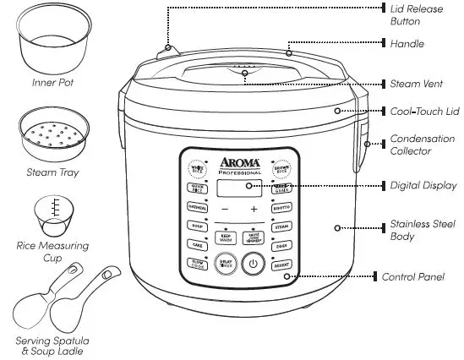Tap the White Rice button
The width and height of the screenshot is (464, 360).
(196, 168)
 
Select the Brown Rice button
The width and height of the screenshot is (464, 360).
(281, 168)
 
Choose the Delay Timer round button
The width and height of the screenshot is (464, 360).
(226, 264)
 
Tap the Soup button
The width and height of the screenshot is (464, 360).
(195, 226)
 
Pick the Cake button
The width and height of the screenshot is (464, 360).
(195, 244)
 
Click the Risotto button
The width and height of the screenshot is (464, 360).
(281, 206)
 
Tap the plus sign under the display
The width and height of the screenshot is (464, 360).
(253, 208)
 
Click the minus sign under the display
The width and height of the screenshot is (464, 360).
(225, 208)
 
